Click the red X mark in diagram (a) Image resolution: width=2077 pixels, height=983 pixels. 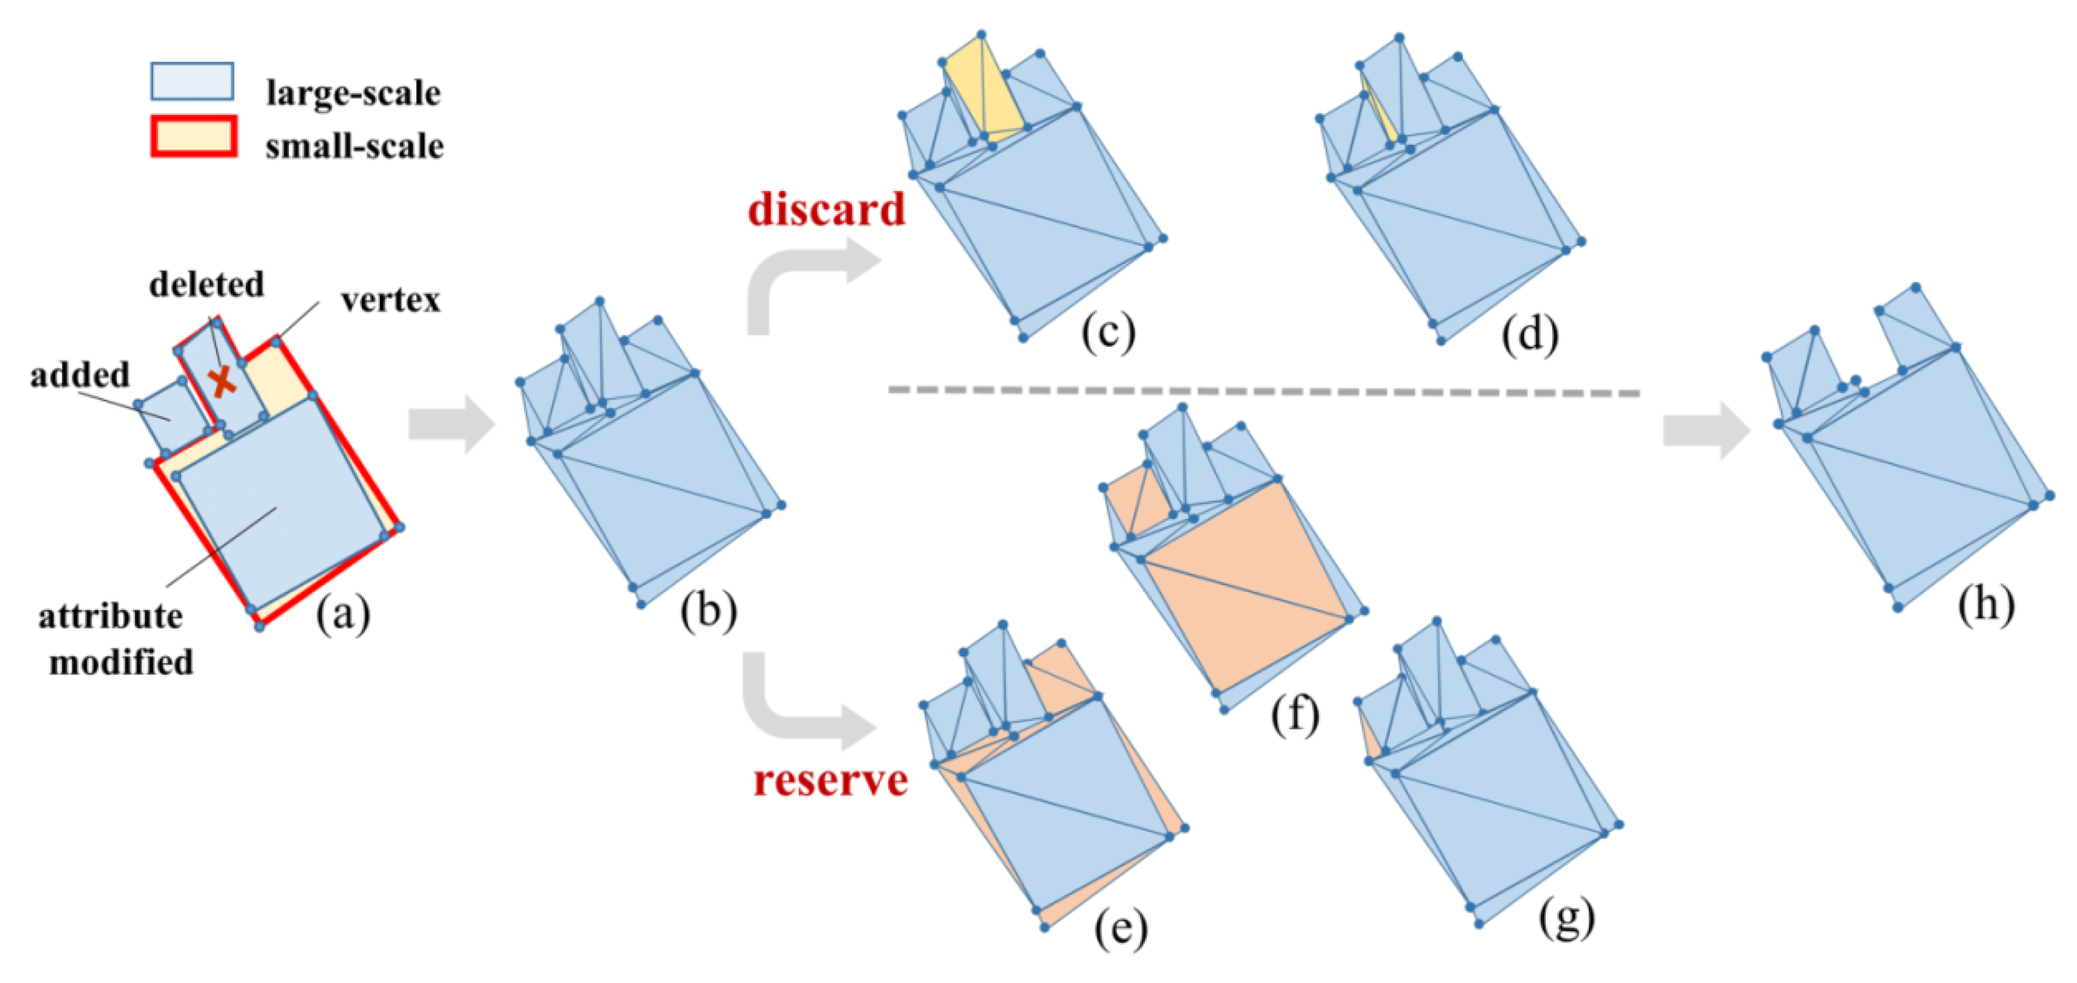coord(222,381)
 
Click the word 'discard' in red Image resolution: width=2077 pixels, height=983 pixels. coord(826,210)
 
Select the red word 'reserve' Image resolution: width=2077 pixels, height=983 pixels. coord(831,780)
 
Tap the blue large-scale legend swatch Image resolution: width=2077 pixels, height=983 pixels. coord(192,82)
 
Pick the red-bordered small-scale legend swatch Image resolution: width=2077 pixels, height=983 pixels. coord(193,136)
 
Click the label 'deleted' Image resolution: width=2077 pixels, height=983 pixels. coord(206,285)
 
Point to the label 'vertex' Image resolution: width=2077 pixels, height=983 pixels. coord(390,300)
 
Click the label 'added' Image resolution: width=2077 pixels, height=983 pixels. coord(80,375)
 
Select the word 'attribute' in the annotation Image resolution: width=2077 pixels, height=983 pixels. coord(111,616)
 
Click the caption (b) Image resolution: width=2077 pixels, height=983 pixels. coord(708,611)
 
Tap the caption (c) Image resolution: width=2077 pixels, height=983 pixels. coord(1108,332)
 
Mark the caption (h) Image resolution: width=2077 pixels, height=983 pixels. coord(1986,603)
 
